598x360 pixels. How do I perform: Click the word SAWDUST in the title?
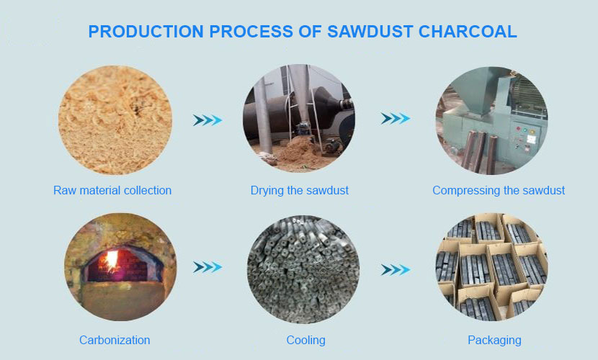point(358,32)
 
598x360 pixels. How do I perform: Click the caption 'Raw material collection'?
point(112,191)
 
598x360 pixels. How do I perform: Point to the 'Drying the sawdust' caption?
point(300,191)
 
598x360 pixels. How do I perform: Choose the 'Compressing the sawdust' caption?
point(499,191)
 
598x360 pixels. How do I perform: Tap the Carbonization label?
point(115,340)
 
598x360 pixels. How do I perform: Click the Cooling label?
point(305,340)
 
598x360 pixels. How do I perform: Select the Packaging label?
point(494,340)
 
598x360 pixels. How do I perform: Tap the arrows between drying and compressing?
point(396,119)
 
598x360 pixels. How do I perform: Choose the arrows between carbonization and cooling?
point(207,267)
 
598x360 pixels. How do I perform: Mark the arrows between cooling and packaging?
point(396,270)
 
